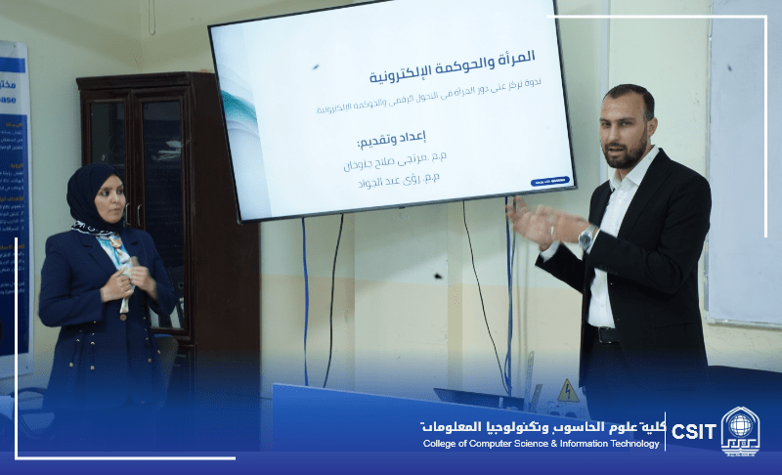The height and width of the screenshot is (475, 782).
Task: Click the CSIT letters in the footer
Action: tap(693, 431)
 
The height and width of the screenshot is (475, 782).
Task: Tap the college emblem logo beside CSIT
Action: tap(740, 431)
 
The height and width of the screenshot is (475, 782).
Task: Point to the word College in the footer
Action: tap(439, 444)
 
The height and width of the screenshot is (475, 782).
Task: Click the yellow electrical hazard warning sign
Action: tap(567, 391)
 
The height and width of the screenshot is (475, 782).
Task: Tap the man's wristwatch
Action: tap(586, 237)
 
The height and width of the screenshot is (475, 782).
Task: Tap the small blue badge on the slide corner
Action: tap(550, 181)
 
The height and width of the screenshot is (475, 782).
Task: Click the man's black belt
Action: tap(606, 334)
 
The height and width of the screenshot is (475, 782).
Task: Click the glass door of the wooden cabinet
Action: tap(162, 166)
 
